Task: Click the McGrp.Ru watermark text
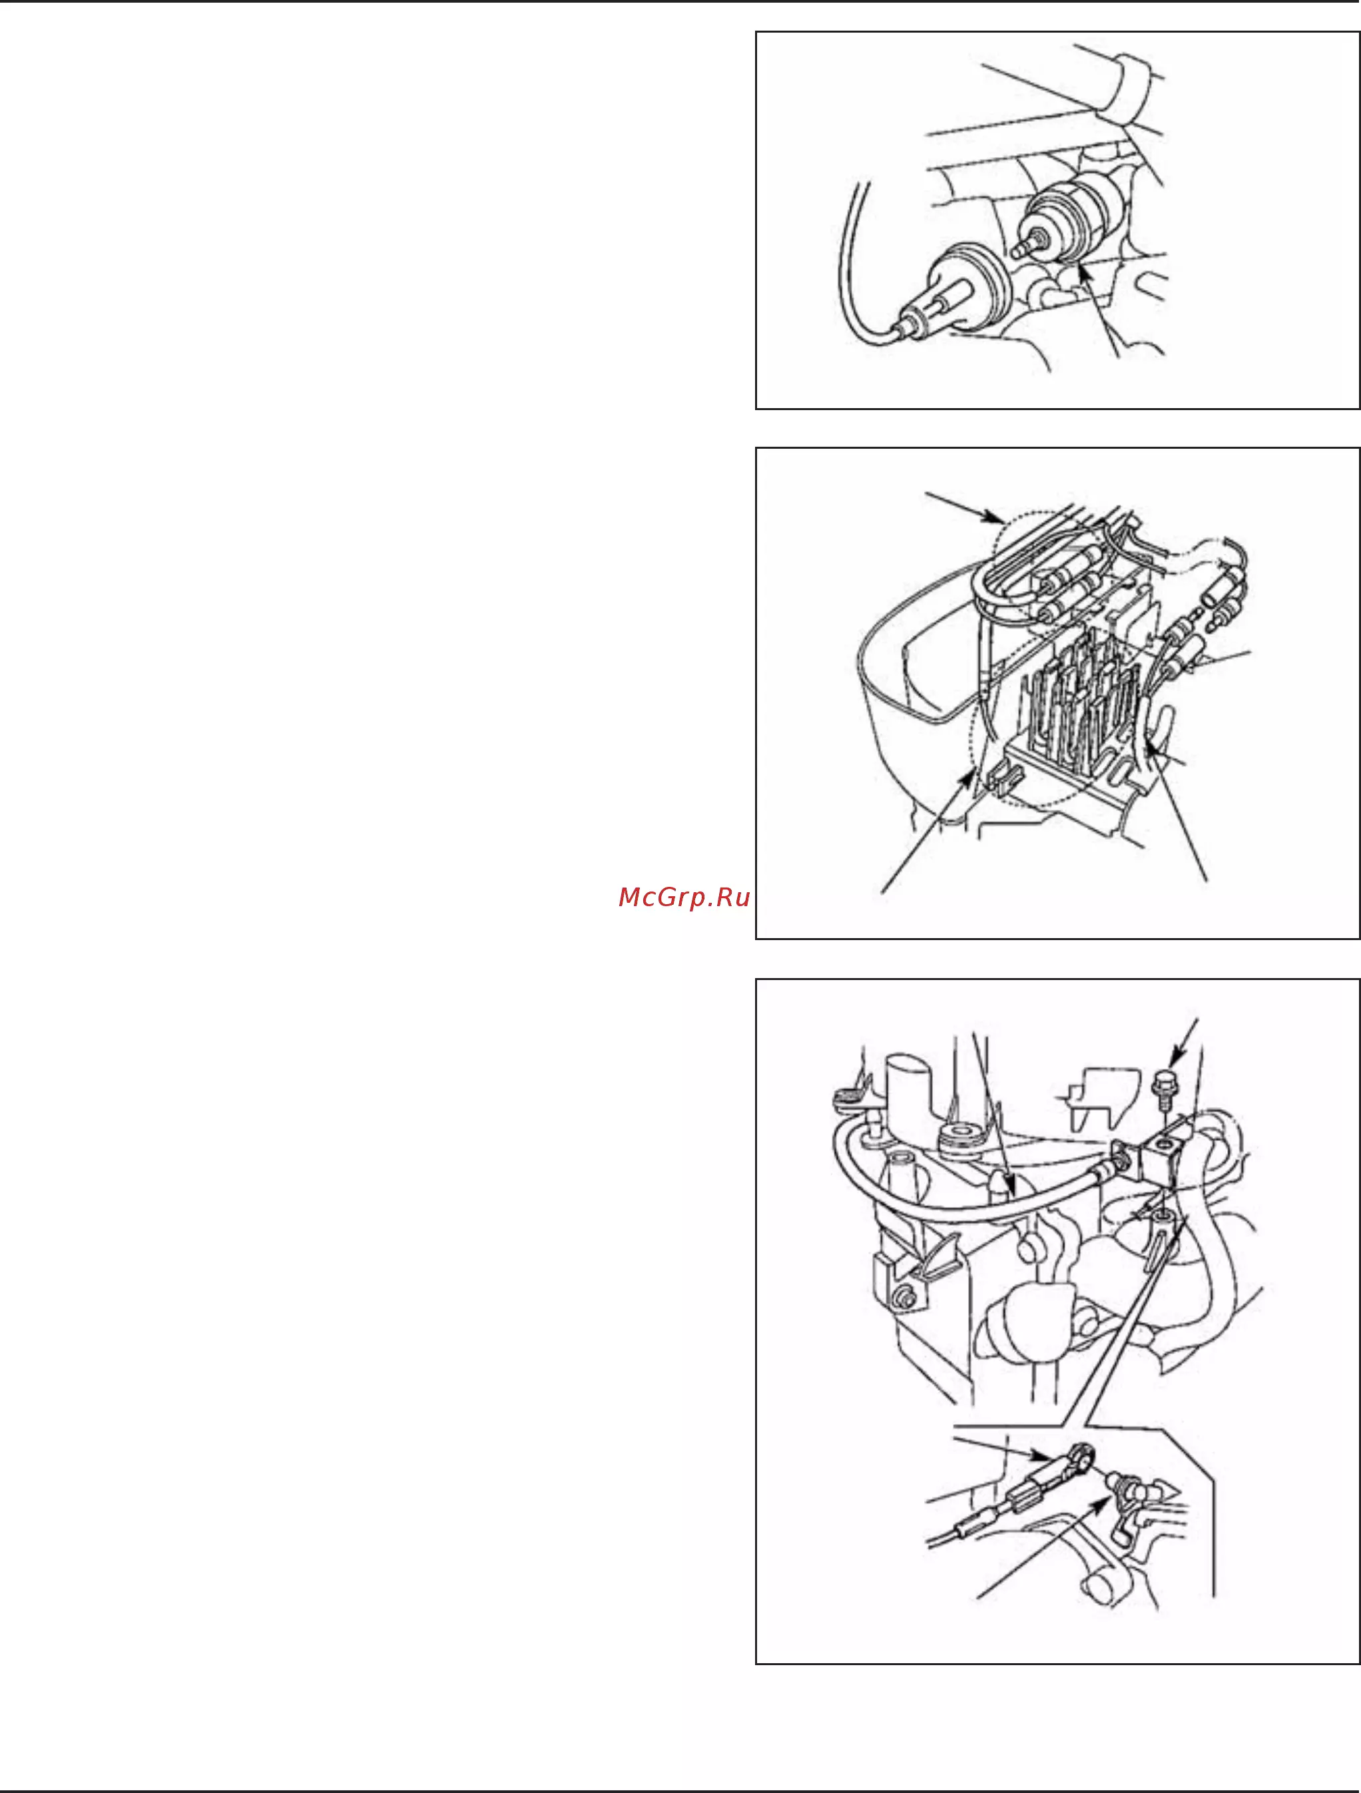click(x=683, y=897)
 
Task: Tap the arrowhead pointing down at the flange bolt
click(x=1176, y=1061)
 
